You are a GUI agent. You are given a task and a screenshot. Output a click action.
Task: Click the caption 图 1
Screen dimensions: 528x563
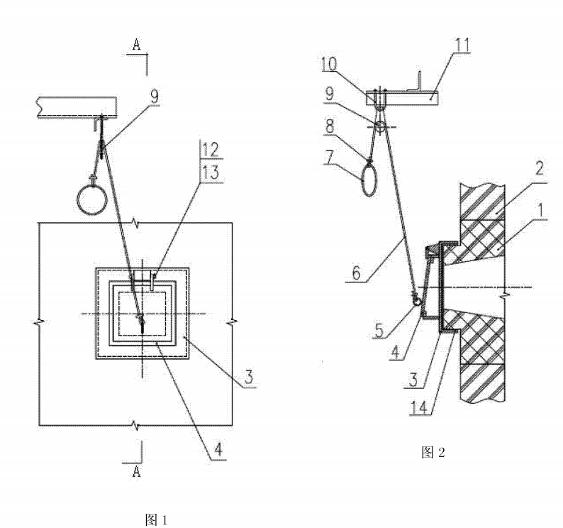pos(156,519)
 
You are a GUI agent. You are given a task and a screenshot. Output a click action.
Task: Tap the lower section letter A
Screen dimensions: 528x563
pos(137,472)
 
